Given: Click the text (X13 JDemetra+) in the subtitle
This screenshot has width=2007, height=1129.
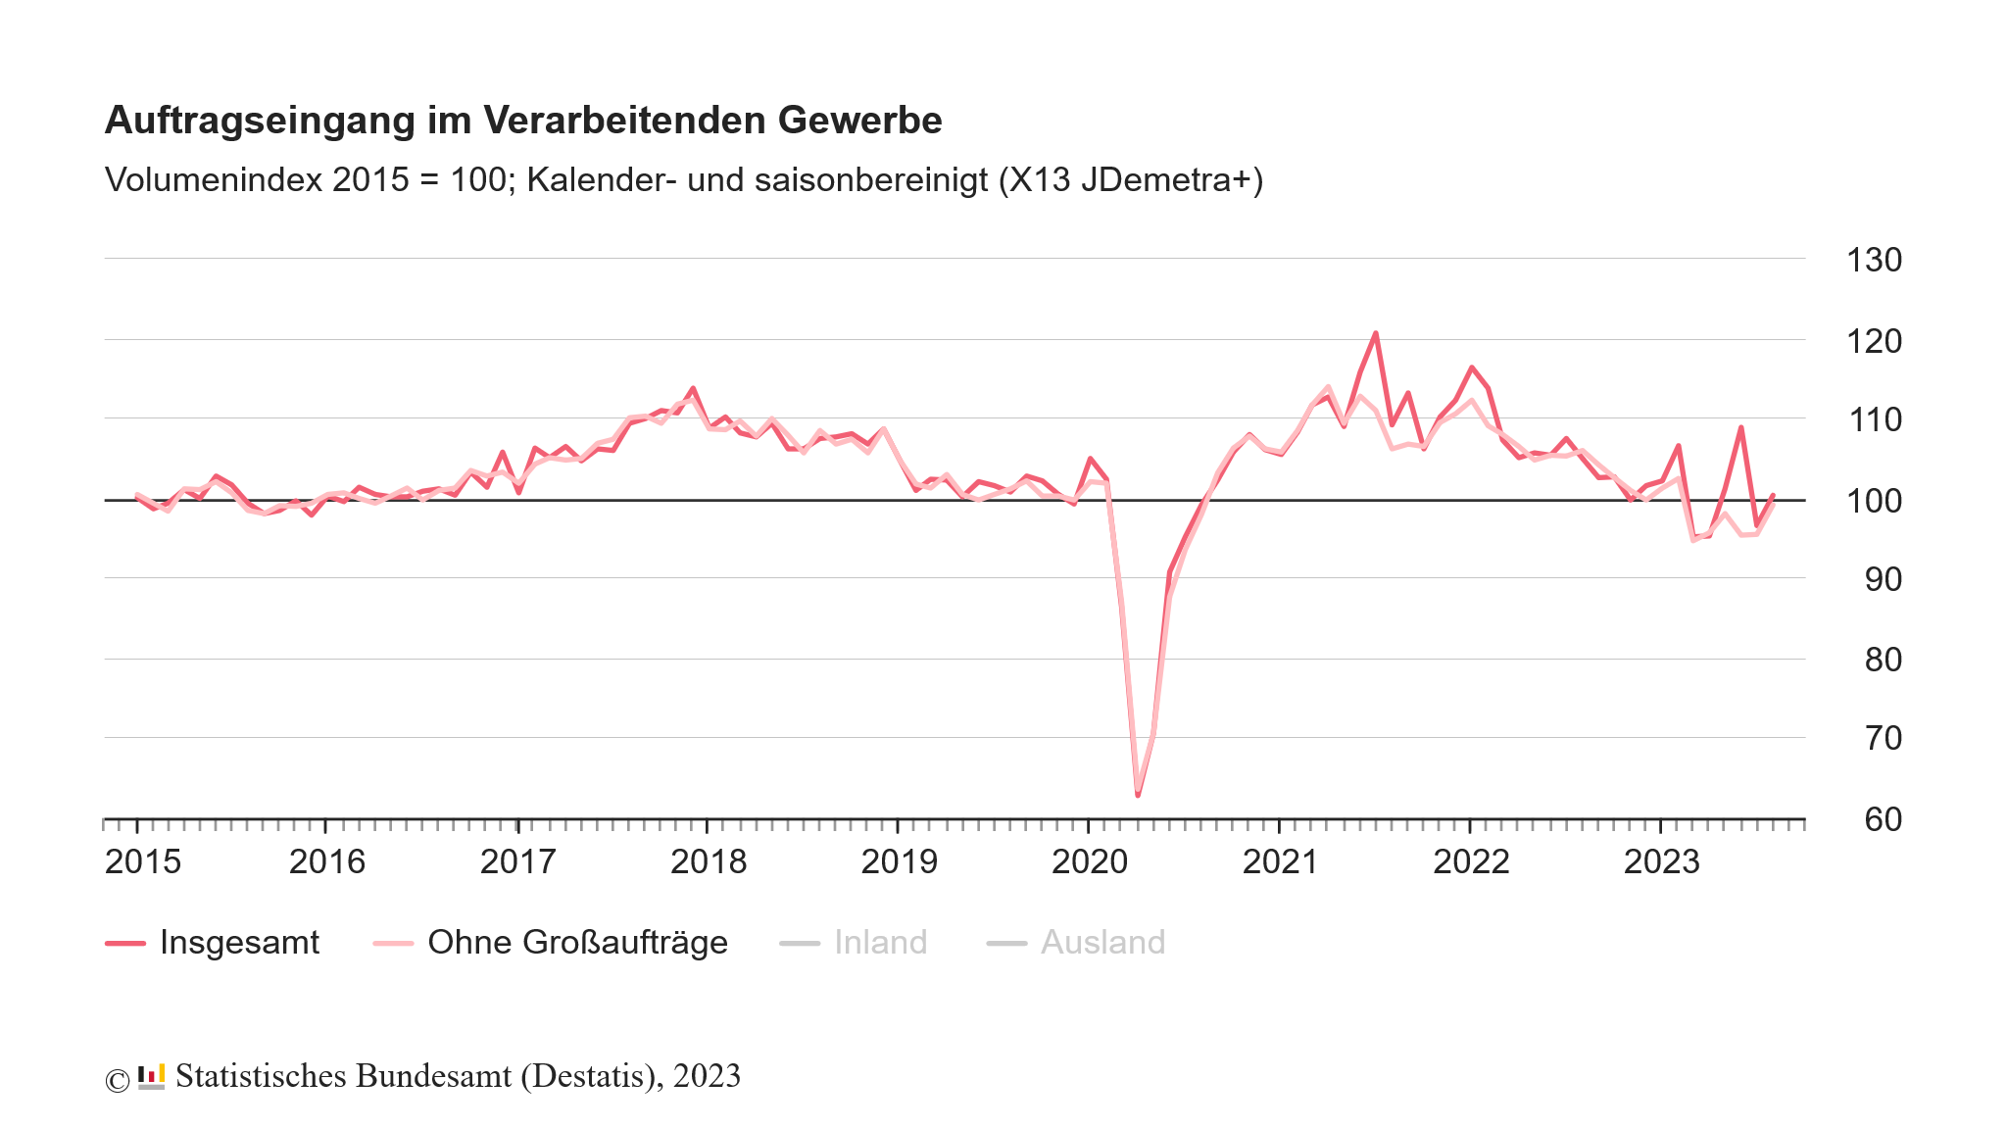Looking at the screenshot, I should pos(1131,180).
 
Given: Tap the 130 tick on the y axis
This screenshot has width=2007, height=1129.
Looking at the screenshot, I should pos(1874,261).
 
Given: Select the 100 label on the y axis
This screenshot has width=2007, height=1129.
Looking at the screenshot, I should pos(1874,501).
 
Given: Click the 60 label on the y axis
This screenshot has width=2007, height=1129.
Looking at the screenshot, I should pos(1883,819).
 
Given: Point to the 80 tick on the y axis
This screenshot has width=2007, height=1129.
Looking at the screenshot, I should pos(1883,660).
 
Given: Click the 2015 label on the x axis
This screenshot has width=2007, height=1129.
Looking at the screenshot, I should pos(143,861).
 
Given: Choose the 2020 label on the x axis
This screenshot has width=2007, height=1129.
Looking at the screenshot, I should pos(1090,861).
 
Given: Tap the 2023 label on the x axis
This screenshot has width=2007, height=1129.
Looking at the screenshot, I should pos(1661,861).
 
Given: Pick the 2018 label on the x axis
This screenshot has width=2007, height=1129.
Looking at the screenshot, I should pos(709,861).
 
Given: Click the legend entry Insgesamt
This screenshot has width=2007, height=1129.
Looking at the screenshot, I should pos(239,943).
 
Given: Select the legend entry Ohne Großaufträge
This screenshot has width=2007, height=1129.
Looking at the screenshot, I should pos(577,943).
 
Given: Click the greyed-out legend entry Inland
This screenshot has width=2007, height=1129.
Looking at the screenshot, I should pos(880,943).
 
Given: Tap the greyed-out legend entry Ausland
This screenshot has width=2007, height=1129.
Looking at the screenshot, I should pos(1102,943).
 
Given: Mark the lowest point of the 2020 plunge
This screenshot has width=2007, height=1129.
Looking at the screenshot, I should pos(1138,794).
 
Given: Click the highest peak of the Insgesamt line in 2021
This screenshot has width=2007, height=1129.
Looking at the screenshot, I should pos(1375,334).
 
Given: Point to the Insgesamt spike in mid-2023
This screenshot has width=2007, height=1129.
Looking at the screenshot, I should pos(1740,428).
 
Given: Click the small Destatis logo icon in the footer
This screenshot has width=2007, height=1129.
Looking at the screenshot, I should pos(151,1076).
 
